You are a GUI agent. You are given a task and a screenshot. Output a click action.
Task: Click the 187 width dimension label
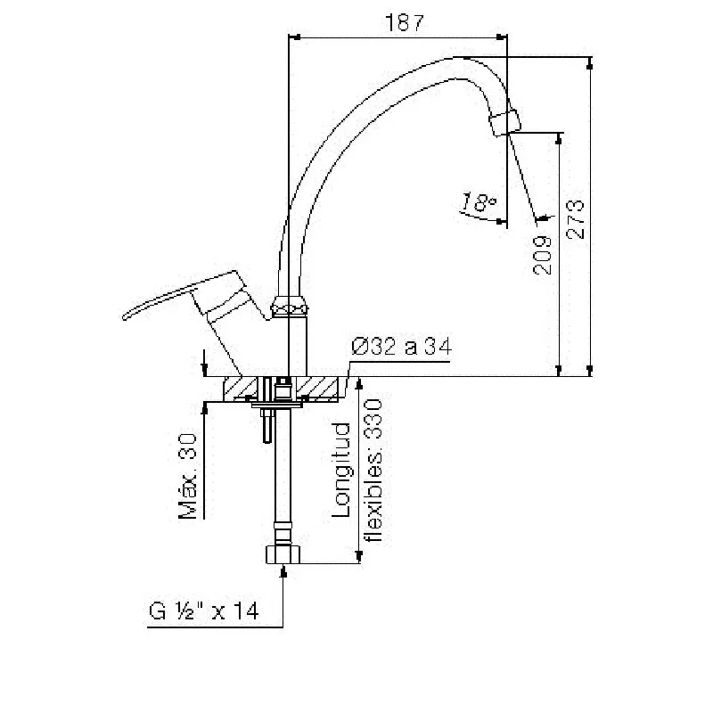pyautogui.click(x=405, y=22)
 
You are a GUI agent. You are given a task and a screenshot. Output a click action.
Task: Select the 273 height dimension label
pyautogui.click(x=575, y=219)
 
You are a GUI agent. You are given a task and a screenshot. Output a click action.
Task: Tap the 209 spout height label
pyautogui.click(x=542, y=255)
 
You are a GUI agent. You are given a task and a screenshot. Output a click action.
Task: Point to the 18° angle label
pyautogui.click(x=479, y=202)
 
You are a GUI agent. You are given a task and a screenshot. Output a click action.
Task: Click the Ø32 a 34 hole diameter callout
pyautogui.click(x=402, y=347)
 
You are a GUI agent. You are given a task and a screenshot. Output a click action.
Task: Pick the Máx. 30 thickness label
pyautogui.click(x=187, y=476)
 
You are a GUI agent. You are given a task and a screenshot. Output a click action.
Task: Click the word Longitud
pyautogui.click(x=341, y=470)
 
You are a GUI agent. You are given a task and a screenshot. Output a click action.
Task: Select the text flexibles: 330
pyautogui.click(x=373, y=470)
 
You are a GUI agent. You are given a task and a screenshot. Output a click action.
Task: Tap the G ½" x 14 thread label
pyautogui.click(x=204, y=611)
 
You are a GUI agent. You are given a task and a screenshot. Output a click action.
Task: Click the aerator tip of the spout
pyautogui.click(x=504, y=121)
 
